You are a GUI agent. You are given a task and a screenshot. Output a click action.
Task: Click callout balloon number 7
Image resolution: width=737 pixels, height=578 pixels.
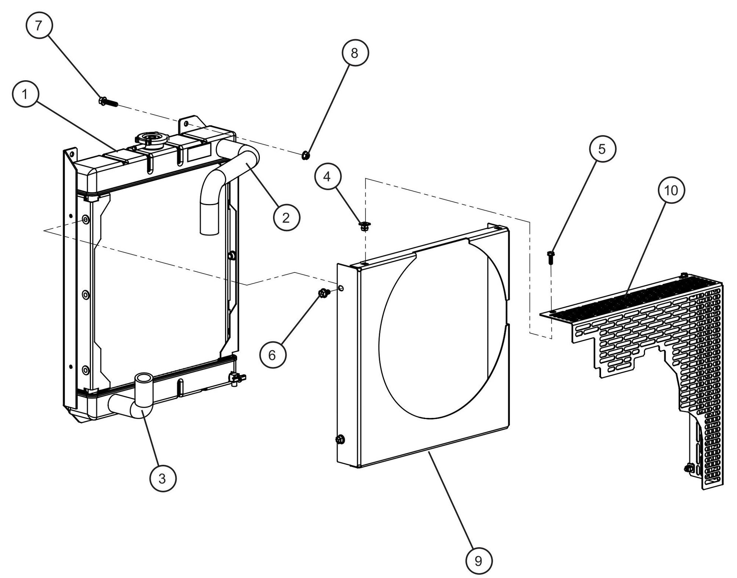(x=39, y=25)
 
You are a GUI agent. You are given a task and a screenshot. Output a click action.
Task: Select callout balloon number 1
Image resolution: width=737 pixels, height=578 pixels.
(x=25, y=94)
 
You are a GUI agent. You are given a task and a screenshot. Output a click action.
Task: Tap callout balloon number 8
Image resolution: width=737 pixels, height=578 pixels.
(x=354, y=53)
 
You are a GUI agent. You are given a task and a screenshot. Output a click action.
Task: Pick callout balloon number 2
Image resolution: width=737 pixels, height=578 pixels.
(x=286, y=218)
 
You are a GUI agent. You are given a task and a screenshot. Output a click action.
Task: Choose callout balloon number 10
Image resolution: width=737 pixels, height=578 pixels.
(x=671, y=190)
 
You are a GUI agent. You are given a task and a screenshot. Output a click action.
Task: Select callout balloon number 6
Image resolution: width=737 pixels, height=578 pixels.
(x=272, y=355)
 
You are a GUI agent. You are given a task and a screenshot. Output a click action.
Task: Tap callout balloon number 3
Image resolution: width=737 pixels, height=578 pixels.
(x=162, y=478)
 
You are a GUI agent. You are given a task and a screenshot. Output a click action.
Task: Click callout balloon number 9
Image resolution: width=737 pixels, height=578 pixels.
(x=479, y=561)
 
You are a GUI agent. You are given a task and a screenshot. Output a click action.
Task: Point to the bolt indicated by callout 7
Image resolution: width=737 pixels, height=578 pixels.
(x=108, y=102)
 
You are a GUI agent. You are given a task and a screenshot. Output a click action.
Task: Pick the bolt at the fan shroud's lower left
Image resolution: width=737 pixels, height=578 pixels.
(x=340, y=439)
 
